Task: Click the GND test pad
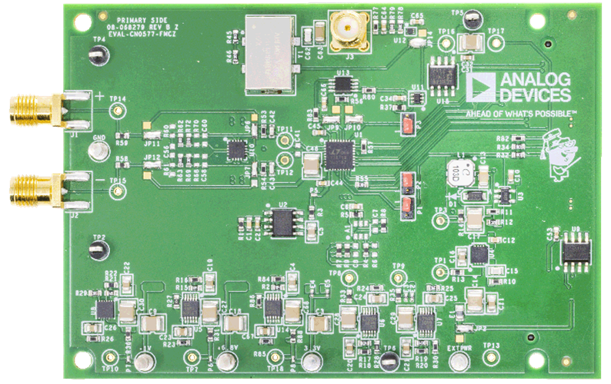tap(98, 151)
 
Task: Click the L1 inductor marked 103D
tap(458, 175)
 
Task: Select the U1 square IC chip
tap(337, 154)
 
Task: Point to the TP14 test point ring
tap(117, 111)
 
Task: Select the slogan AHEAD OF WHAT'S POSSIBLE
tap(520, 114)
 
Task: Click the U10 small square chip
tap(239, 150)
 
